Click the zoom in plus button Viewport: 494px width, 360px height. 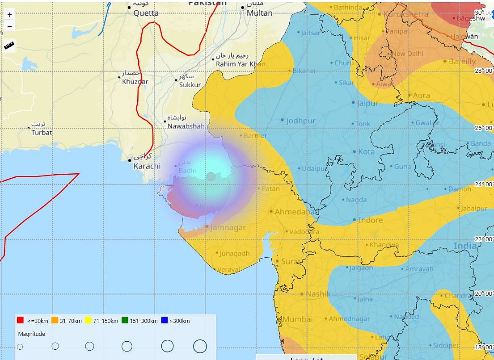click(9, 15)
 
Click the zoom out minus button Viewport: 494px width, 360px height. click(9, 26)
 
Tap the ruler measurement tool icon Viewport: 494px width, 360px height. click(9, 45)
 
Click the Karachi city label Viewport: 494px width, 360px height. click(147, 166)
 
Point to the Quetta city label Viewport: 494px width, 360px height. click(146, 13)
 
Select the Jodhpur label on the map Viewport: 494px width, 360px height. click(301, 121)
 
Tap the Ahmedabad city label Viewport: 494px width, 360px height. click(295, 212)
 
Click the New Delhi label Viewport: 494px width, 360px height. click(407, 54)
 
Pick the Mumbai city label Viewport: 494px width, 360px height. click(297, 319)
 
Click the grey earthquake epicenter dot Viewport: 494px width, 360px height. click(211, 177)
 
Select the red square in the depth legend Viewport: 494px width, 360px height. click(20, 320)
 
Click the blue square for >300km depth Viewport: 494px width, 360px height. click(164, 320)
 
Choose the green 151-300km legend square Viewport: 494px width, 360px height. click(125, 320)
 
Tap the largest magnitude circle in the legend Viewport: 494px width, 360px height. click(200, 346)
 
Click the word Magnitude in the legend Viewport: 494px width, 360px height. click(31, 334)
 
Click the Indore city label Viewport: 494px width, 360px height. click(370, 220)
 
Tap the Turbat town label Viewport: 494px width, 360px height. click(42, 132)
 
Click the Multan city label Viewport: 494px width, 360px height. click(259, 13)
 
